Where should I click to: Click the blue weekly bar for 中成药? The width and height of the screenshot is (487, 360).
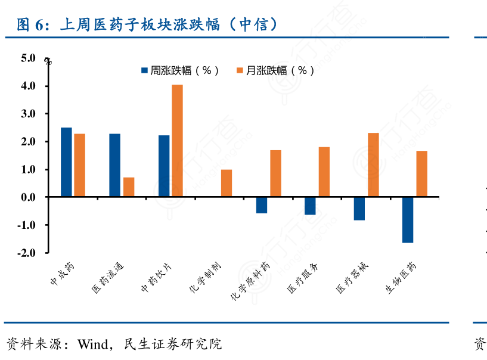click(x=66, y=162)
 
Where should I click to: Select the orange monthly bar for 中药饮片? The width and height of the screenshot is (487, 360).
click(x=177, y=141)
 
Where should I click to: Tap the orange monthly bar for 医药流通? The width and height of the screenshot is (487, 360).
click(x=129, y=187)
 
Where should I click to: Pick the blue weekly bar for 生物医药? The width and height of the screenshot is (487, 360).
click(x=408, y=220)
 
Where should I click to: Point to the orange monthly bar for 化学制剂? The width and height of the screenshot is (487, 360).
click(x=227, y=184)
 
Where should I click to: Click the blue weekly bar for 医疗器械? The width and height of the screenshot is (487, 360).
click(x=359, y=209)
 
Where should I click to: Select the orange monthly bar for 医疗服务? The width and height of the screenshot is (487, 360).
click(x=324, y=172)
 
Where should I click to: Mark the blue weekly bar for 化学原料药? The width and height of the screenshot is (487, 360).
click(x=262, y=205)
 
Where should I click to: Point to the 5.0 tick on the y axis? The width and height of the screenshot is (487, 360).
click(x=28, y=58)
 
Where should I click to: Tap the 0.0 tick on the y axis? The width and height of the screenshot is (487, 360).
click(x=28, y=197)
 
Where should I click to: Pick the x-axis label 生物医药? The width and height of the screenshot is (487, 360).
click(x=401, y=278)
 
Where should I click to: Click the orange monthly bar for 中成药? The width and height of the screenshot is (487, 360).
click(x=79, y=165)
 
